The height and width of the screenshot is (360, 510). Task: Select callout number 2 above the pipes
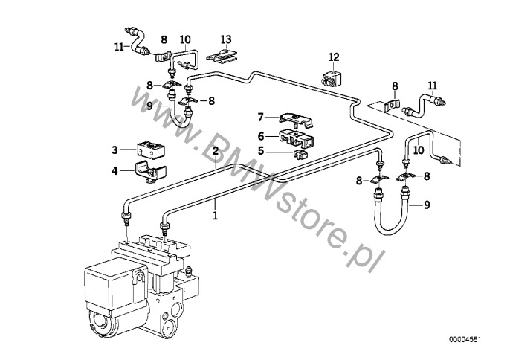click(215, 151)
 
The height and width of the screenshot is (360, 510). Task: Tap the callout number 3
click(114, 150)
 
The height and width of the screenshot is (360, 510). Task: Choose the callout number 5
click(260, 150)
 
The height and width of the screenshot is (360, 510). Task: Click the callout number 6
click(260, 135)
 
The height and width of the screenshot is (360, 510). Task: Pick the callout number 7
click(260, 117)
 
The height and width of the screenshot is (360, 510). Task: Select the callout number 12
click(334, 57)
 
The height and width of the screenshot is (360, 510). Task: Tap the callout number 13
click(226, 39)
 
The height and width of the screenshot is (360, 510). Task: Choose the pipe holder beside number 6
click(295, 138)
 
